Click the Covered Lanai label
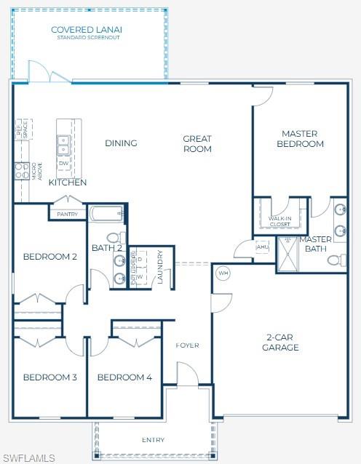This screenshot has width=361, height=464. [87, 31]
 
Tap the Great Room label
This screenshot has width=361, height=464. [197, 143]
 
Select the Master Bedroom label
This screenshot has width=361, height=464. [303, 138]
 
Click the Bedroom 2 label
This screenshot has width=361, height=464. [50, 256]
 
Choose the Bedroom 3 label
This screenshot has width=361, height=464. [50, 377]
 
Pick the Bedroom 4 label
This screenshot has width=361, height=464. [124, 377]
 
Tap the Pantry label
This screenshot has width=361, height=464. [67, 214]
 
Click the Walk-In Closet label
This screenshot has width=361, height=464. [279, 221]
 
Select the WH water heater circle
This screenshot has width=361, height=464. [223, 273]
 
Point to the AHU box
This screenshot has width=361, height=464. [262, 247]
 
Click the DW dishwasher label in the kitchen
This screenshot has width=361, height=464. [63, 164]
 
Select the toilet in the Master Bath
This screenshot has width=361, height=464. [336, 260]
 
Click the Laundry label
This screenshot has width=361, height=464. [160, 267]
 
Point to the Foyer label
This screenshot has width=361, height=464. [187, 345]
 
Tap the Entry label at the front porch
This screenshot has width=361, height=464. [153, 439]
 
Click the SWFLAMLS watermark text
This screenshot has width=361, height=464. [28, 457]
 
